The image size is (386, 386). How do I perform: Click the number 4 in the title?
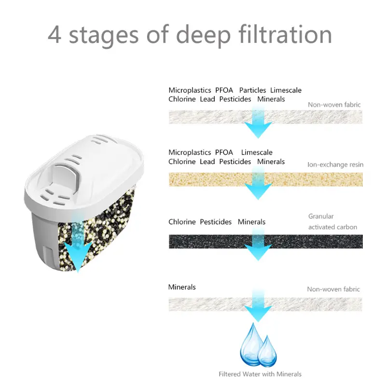(x=55, y=35)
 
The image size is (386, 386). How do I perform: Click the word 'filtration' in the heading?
(x=285, y=34)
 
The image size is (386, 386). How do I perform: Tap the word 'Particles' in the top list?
(x=252, y=90)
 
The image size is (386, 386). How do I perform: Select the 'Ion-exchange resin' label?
(x=335, y=165)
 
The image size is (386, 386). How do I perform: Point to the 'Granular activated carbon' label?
(x=332, y=221)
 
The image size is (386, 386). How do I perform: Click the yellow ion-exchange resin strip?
(x=266, y=179)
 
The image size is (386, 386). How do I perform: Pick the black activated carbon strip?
(x=266, y=241)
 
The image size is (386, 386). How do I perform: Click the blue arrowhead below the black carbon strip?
(x=258, y=252)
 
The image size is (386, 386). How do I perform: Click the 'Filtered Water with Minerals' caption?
(x=260, y=374)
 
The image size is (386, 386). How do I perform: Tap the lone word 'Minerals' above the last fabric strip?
(x=182, y=287)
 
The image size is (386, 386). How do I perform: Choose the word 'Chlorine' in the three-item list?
(x=182, y=222)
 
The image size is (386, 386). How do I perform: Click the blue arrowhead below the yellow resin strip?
(x=258, y=191)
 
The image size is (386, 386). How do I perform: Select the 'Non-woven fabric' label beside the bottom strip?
(x=333, y=289)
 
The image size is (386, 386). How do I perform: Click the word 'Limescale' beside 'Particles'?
(x=286, y=90)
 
